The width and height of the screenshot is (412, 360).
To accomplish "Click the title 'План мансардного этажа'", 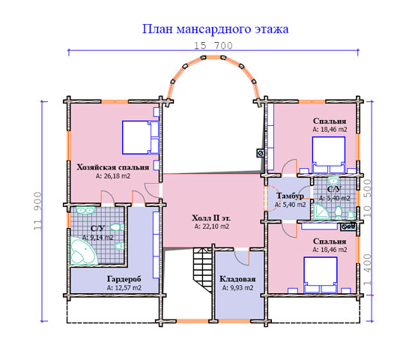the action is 215,29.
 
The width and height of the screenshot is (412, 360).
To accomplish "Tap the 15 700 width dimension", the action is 213,46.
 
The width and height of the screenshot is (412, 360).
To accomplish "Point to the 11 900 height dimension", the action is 38,211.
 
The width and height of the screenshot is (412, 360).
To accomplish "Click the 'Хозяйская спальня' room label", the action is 112,167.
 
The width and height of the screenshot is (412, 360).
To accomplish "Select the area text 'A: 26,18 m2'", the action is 112,176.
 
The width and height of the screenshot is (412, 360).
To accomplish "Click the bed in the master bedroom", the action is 141,137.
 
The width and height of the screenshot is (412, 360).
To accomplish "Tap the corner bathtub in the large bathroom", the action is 84,250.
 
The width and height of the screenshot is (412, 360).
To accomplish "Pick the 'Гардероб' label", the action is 124,279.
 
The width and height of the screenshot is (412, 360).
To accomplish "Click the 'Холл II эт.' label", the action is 211,218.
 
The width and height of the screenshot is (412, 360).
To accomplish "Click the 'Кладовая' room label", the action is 237,279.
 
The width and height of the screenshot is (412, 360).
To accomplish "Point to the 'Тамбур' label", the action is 290,196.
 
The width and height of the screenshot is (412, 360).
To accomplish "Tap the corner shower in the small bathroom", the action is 321,211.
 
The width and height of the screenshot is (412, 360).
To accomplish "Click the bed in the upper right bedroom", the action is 328,154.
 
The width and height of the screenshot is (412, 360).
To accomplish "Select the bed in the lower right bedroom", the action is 321,274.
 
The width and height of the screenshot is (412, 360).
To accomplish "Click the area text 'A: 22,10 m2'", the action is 211,226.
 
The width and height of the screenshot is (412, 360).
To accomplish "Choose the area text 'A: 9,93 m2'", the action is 237,288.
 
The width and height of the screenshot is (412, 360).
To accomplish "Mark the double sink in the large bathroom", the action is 85,210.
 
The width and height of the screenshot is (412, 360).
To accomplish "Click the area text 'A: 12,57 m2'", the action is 124,288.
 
